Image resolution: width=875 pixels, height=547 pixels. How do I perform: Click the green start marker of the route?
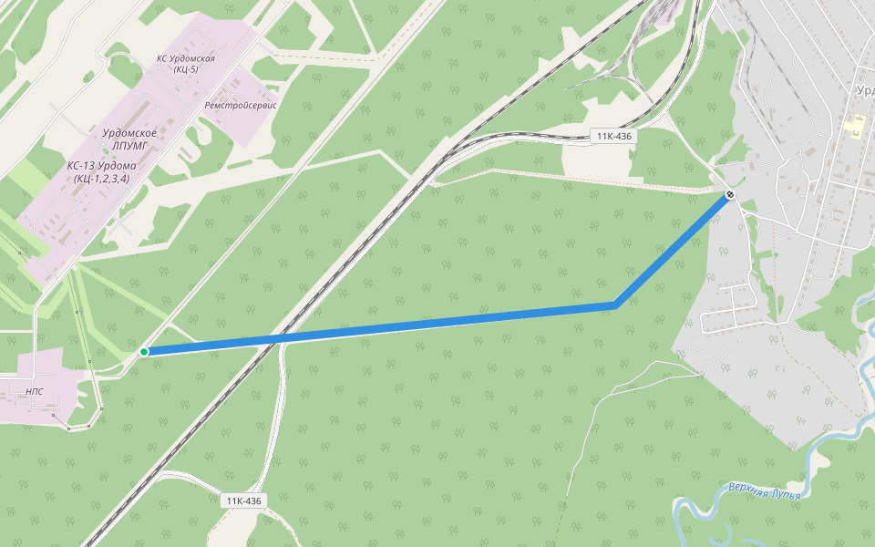point(144,352)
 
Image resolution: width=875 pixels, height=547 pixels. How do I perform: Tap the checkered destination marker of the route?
point(730,195)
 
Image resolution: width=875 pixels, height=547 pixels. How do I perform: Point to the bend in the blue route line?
point(616,305)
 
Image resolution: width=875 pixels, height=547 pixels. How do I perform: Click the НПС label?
point(35,391)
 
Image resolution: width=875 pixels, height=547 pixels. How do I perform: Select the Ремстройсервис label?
point(241,105)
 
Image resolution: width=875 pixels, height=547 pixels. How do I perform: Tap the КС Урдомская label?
point(186,58)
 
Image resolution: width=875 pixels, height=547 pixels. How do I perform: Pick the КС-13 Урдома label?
point(102,166)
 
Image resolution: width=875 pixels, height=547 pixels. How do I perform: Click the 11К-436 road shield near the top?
point(614,136)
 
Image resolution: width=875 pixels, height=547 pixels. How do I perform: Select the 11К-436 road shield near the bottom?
point(243,501)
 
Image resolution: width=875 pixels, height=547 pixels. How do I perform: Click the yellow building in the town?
point(856,126)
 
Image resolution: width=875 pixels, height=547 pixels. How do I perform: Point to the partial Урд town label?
point(865,90)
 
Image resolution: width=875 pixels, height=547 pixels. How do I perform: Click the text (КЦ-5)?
point(185,69)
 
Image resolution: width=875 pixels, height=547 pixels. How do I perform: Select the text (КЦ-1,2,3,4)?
point(102,179)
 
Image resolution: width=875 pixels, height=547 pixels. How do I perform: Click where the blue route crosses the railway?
point(276,339)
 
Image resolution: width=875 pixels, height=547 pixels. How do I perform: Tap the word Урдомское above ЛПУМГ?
point(129,133)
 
